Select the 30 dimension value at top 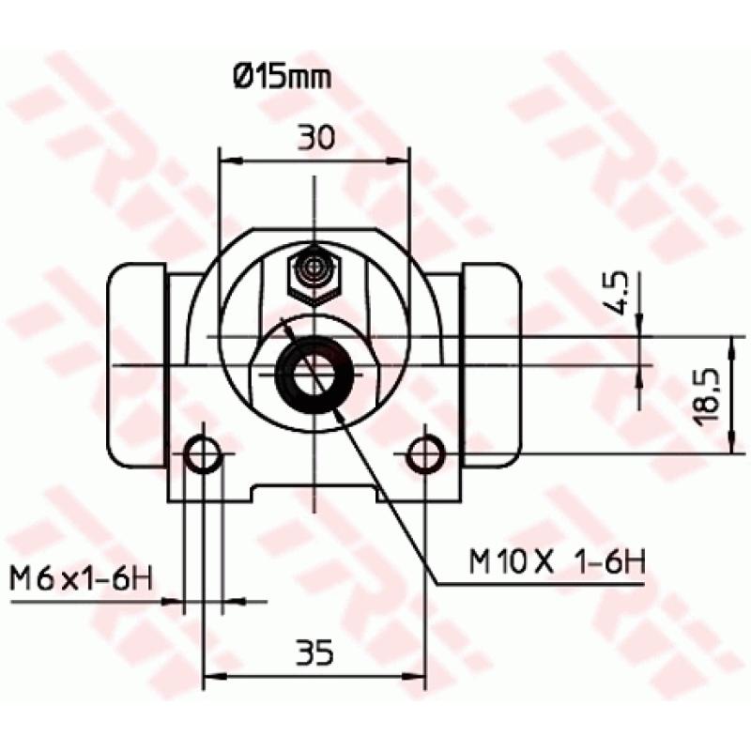(x=316, y=138)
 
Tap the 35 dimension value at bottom (x=314, y=651)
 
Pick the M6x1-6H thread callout (x=80, y=577)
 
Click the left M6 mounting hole (x=204, y=456)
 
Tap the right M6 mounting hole (x=426, y=456)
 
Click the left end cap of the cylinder (x=138, y=366)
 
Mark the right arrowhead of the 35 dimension (x=420, y=674)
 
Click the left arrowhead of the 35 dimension (x=211, y=674)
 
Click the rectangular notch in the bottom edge (x=314, y=493)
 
